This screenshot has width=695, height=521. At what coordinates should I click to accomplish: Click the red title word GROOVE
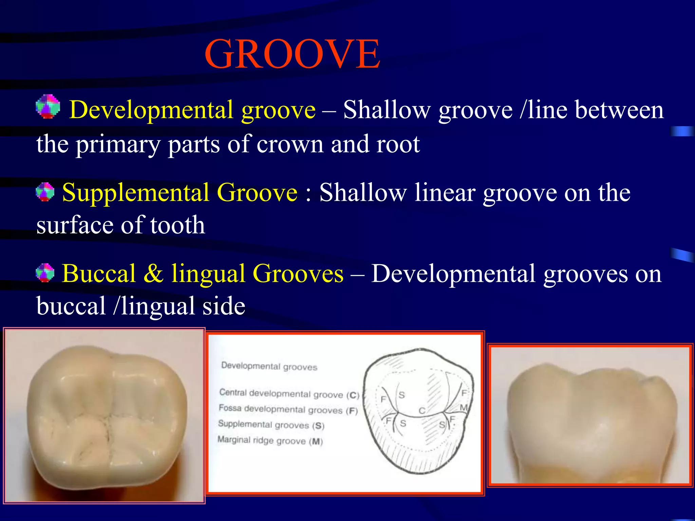click(292, 54)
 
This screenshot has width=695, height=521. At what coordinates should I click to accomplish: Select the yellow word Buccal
click(99, 274)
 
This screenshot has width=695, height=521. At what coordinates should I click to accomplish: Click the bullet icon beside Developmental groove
click(48, 107)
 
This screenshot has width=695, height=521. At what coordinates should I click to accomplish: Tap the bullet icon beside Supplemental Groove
click(45, 192)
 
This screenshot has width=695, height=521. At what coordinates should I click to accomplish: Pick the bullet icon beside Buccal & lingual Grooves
click(45, 273)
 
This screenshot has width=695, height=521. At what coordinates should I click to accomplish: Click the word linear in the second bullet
click(445, 193)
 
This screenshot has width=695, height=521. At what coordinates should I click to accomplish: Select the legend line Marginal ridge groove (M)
click(270, 441)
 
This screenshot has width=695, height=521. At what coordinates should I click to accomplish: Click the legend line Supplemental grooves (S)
click(271, 425)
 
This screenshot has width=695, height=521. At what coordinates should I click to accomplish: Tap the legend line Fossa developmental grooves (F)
click(288, 409)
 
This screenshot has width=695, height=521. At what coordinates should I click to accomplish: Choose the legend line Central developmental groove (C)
click(289, 394)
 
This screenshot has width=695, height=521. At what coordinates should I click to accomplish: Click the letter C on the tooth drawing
click(422, 411)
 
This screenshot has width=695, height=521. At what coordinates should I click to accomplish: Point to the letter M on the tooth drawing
click(463, 407)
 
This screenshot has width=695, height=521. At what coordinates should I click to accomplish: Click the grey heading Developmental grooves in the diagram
click(269, 366)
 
